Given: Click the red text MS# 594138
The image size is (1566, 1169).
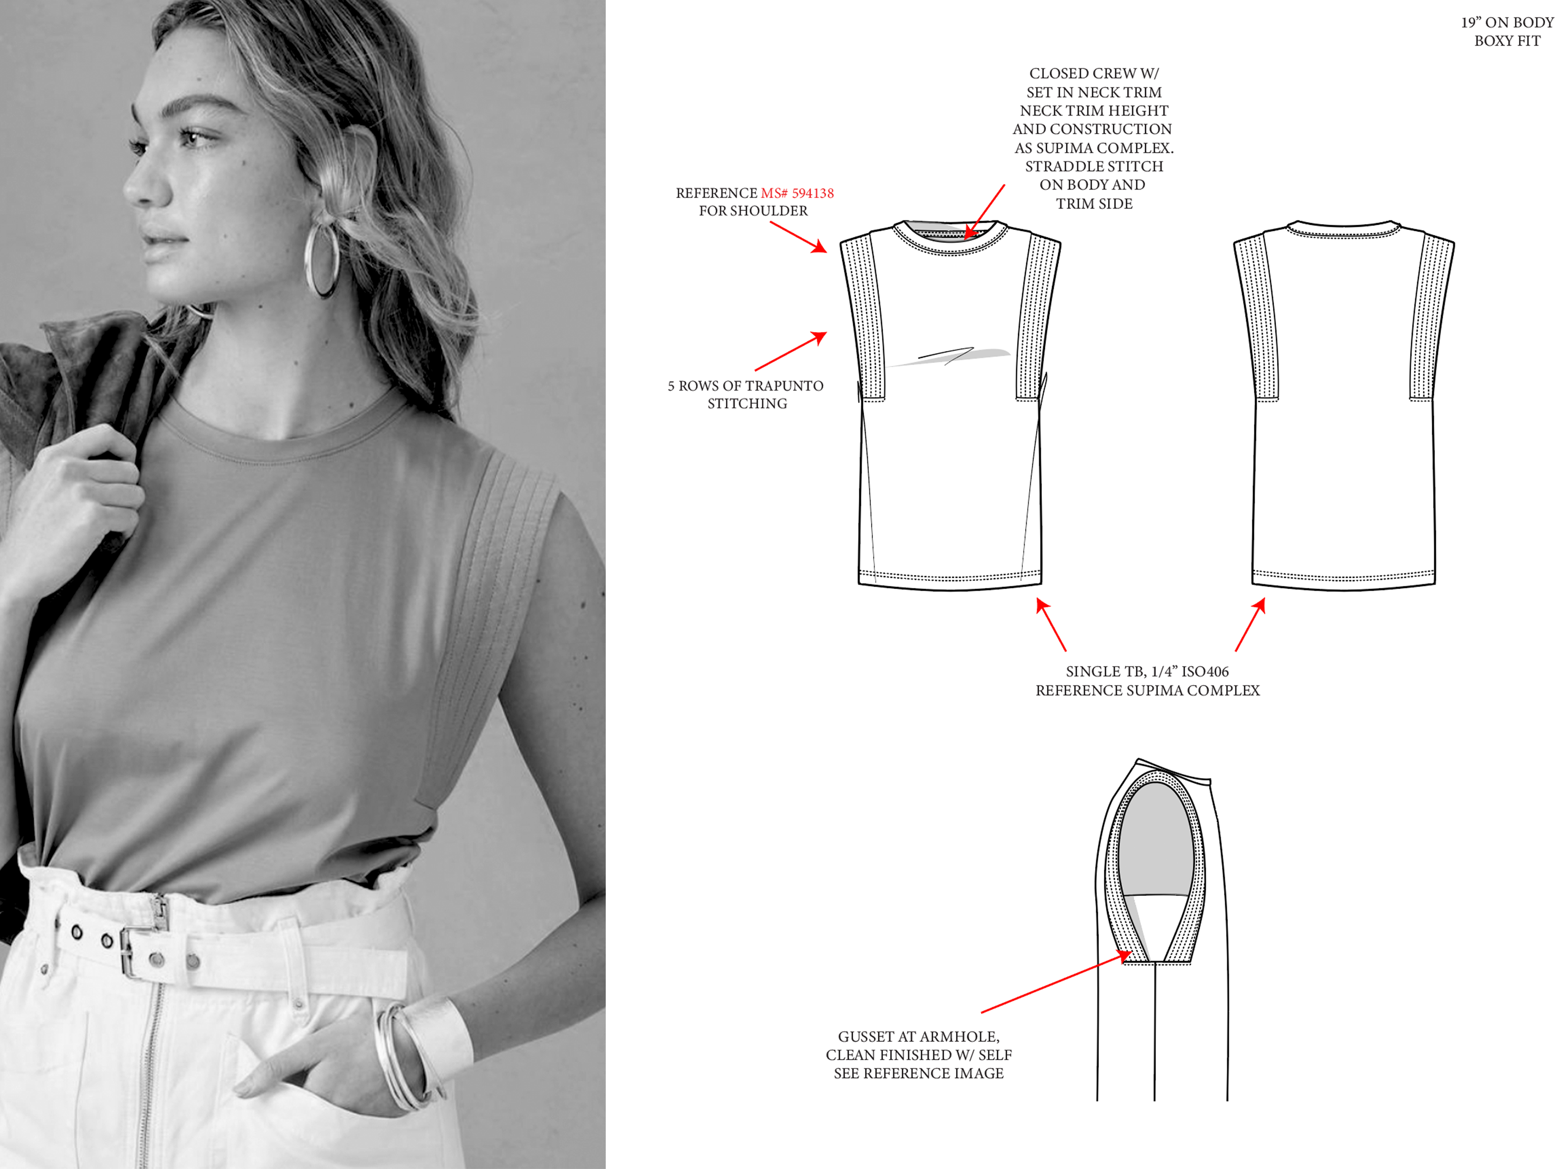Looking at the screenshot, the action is [797, 193].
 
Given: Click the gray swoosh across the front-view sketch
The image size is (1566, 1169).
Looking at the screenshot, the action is [950, 356].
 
